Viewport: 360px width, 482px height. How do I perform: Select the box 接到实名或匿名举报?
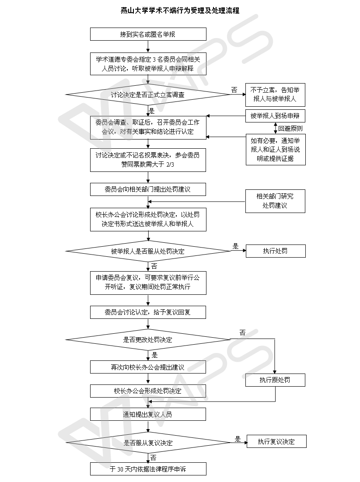coord(148,34)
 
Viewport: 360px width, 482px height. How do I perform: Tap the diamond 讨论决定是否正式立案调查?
coord(148,95)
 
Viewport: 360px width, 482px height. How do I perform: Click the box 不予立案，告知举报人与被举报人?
coord(275,95)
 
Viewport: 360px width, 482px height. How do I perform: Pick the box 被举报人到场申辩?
coord(275,116)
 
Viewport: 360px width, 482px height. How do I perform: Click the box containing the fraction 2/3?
coord(148,159)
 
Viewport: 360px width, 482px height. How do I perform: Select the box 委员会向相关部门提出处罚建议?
coord(148,189)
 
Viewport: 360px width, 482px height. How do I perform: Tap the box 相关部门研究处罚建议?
coord(275,201)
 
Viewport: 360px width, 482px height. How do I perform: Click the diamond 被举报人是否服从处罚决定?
coord(148,251)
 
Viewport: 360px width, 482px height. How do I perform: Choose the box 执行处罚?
coord(275,251)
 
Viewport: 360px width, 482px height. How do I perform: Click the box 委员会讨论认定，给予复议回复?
coord(148,312)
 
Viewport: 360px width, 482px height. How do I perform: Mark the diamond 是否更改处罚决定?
coord(148,339)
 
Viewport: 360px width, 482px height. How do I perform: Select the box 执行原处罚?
coord(275,380)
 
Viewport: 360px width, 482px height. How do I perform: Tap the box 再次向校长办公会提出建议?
coord(148,367)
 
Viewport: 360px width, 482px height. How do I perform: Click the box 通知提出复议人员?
coord(148,414)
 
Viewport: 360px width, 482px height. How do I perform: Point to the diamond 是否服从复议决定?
coord(148,443)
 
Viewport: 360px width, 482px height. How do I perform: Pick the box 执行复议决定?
coord(276,441)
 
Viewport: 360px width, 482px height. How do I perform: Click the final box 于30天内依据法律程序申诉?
coord(148,469)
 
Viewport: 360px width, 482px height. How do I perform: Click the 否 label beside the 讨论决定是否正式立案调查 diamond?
coord(234,90)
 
